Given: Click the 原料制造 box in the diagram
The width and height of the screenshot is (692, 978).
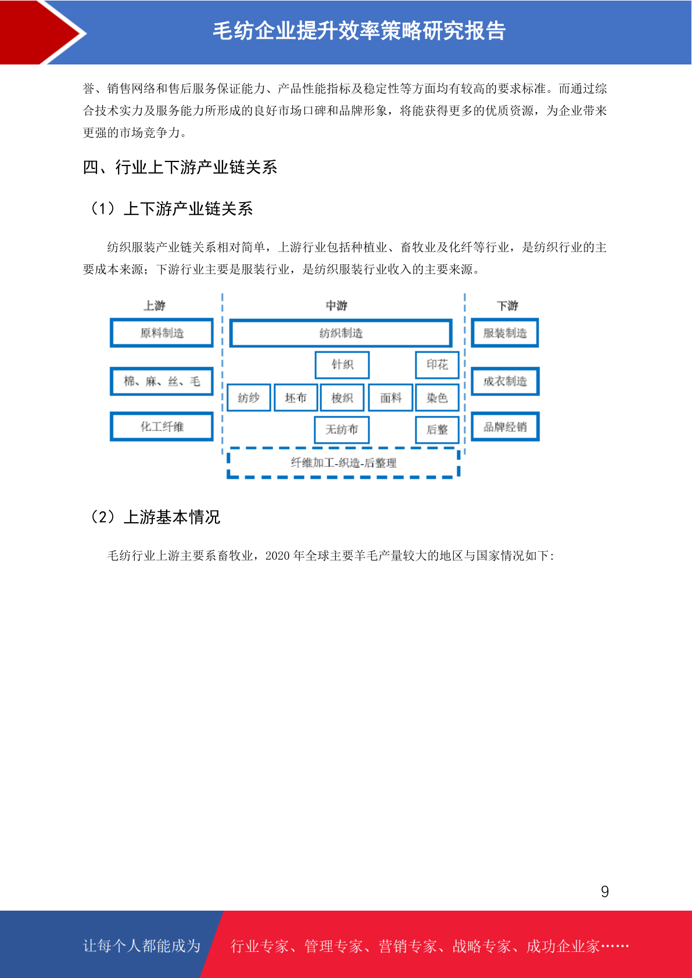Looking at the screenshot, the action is [162, 333].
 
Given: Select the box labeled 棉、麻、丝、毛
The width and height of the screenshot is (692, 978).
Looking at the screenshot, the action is [162, 382].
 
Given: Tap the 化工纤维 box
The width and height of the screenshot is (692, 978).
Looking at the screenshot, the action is [162, 426].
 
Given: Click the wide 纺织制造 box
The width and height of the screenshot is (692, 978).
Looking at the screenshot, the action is [340, 333].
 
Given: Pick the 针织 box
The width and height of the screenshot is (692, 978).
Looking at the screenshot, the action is [342, 365].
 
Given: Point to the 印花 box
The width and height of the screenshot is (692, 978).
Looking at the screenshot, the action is [437, 365].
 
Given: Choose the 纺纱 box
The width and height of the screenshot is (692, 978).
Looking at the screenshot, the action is [249, 398].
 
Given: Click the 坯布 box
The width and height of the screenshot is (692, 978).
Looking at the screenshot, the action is [296, 398].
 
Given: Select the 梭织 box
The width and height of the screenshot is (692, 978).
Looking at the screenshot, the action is [342, 398].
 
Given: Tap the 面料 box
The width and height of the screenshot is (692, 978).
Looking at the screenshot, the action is [390, 398].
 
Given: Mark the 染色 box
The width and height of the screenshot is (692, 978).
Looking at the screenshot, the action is [437, 398].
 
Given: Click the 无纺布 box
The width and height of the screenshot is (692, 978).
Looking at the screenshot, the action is [342, 430].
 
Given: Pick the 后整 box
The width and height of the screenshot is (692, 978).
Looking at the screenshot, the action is [437, 430].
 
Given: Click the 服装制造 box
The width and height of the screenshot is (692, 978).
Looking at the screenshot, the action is [504, 333].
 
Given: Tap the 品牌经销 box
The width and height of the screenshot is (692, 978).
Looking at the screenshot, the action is [505, 426].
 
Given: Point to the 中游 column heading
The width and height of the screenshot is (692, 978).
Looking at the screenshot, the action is [336, 305].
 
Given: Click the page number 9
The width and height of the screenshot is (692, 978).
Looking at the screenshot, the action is [605, 891].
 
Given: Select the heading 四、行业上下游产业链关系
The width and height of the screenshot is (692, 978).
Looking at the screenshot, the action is [180, 167].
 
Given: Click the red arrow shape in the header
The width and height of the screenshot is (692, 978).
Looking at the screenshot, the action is [41, 33].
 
